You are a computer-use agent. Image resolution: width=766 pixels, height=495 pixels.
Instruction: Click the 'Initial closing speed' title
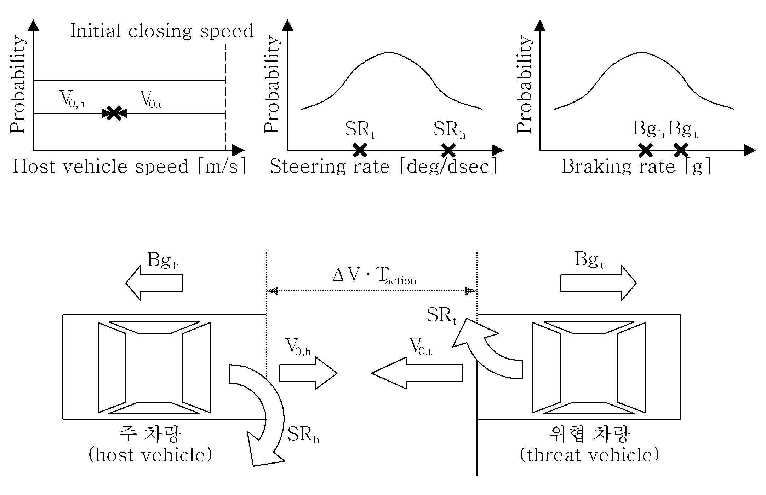pos(162,31)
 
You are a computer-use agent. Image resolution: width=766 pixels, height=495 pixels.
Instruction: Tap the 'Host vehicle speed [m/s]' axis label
pos(130,166)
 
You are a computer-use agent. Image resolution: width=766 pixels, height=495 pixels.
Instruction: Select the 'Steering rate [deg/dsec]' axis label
pos(384,166)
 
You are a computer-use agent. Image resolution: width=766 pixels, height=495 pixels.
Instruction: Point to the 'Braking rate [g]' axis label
pos(636,166)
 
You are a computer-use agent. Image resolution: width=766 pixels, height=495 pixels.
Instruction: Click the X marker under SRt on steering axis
pos(360,150)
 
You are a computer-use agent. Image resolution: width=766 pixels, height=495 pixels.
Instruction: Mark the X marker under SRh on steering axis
pos(448,150)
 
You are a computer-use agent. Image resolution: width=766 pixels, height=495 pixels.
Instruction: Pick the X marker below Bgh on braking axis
pos(646,150)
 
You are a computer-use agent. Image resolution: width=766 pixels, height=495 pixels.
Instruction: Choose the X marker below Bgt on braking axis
pos(681,150)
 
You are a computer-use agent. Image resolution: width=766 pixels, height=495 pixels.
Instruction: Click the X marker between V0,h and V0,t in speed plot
pos(114,113)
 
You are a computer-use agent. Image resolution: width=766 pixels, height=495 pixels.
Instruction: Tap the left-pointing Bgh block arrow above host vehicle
pos(154,283)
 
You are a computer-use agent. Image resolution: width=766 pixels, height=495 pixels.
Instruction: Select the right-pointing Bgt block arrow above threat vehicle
pos(599,283)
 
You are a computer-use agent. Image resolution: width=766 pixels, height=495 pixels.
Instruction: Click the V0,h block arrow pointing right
pos(308,373)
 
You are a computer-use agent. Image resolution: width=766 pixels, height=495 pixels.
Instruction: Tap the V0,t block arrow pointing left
pos(417,373)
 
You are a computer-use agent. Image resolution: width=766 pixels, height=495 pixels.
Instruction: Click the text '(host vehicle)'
pos(150,455)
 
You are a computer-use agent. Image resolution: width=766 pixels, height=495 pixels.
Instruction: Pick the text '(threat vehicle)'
pos(589,455)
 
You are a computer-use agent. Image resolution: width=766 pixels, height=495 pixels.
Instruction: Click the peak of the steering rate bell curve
pos(389,53)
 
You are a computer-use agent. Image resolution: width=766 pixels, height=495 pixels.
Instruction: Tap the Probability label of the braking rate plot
pos(524,84)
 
